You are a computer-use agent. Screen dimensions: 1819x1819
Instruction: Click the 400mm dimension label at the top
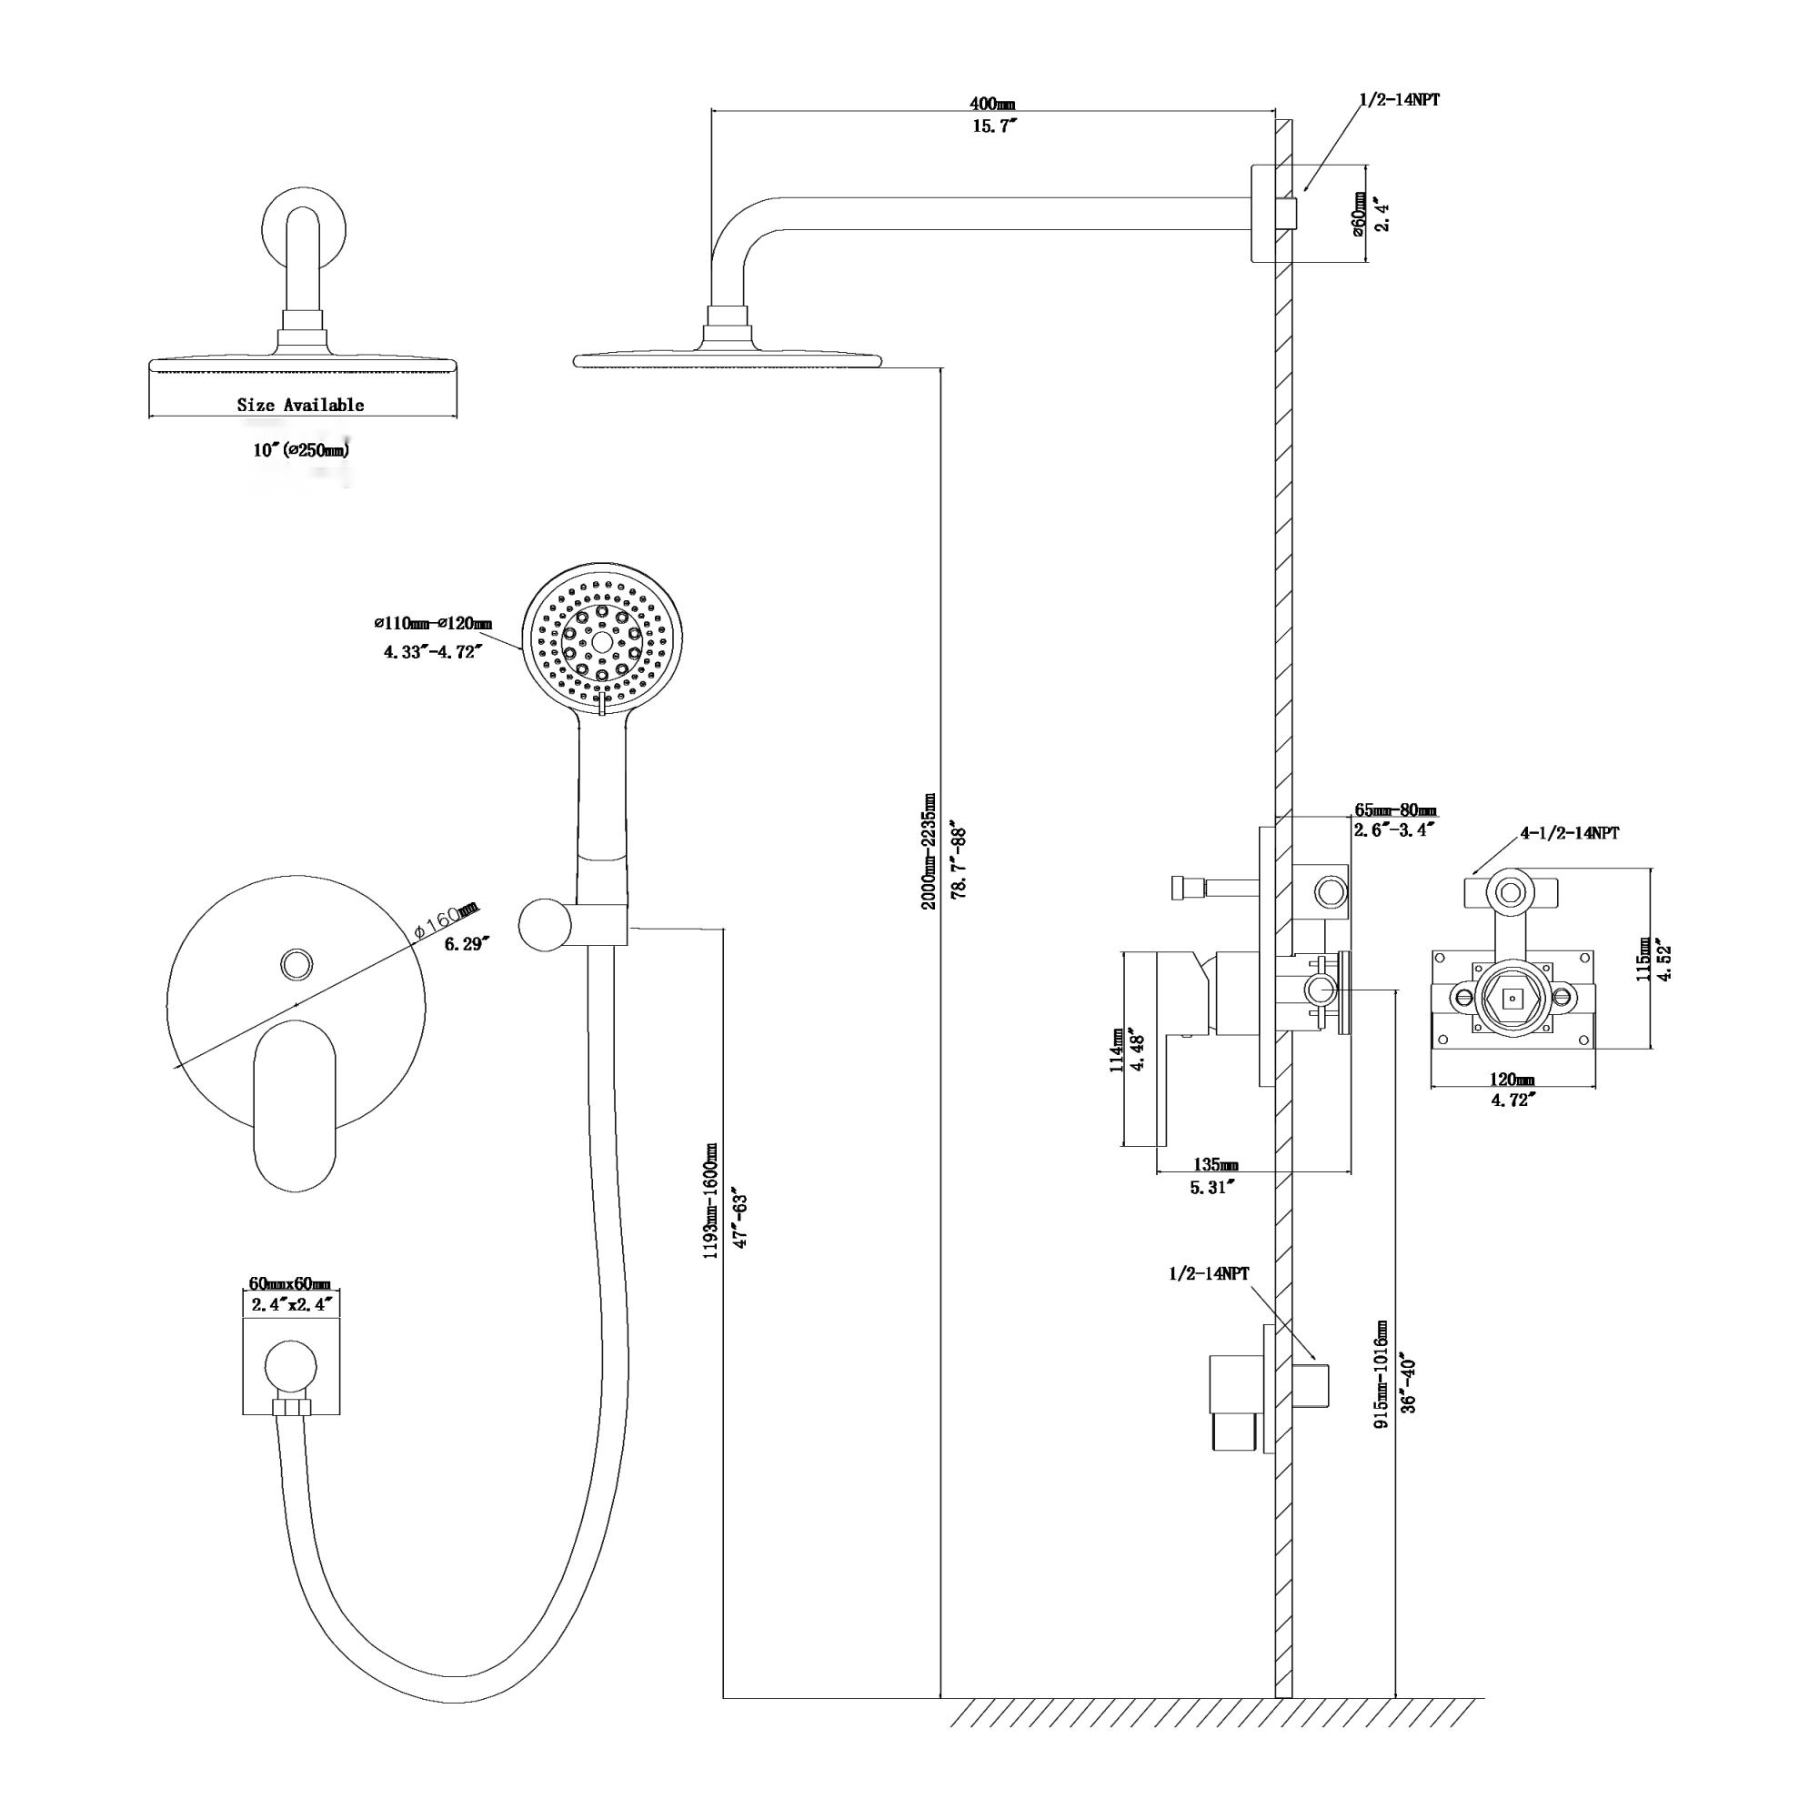click(992, 103)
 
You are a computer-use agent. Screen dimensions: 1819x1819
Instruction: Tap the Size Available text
click(300, 405)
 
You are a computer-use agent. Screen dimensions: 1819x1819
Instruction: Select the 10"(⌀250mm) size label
click(300, 450)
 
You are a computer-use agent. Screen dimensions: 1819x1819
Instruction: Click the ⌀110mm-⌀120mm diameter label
click(432, 623)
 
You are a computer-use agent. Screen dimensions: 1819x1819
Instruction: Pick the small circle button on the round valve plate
click(296, 963)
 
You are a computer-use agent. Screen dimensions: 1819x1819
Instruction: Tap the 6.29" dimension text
click(467, 943)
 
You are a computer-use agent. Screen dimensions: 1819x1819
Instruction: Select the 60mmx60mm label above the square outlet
click(290, 1284)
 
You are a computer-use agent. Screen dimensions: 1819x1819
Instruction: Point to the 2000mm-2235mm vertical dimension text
click(929, 851)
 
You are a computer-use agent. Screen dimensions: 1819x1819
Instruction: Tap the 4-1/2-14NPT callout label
click(1569, 833)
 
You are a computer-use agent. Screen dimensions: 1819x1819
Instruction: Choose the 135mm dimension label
click(1215, 1166)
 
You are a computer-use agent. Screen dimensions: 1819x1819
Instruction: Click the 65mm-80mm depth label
click(1395, 810)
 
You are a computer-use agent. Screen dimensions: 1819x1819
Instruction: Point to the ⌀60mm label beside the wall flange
click(1360, 215)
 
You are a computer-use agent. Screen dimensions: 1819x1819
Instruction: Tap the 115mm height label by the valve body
click(1643, 960)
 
